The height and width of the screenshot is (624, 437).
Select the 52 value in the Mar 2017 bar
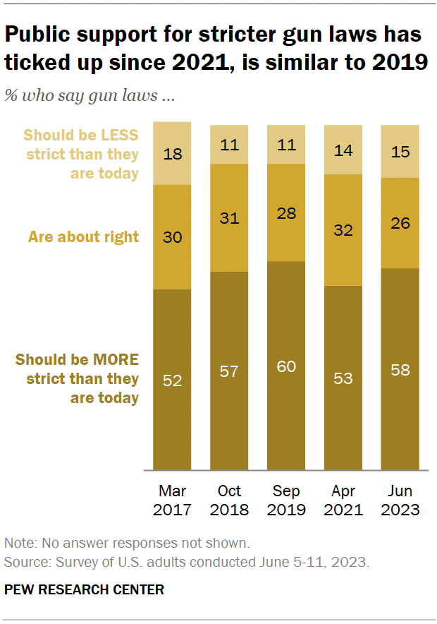point(173,380)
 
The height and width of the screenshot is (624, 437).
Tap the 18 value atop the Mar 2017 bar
point(173,154)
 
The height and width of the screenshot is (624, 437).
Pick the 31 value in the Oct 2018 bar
point(230,218)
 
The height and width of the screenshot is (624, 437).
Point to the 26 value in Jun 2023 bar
point(400,223)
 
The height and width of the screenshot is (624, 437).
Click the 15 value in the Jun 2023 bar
point(400,152)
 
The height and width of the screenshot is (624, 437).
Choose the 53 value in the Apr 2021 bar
point(343,378)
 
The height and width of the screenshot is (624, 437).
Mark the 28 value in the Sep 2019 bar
point(286,213)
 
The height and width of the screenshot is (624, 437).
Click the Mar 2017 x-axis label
point(173,500)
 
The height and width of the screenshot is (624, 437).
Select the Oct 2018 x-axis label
point(230,500)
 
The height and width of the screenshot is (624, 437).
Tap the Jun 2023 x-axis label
point(400,500)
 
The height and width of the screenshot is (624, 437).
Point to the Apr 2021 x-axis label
point(343,500)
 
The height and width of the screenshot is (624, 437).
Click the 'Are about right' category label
point(83,237)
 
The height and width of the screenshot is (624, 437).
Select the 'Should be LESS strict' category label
point(82,154)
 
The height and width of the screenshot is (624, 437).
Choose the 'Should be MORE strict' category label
point(78,378)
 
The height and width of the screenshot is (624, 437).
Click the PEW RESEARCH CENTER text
point(84,589)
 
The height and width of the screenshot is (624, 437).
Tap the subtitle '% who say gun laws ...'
point(90,97)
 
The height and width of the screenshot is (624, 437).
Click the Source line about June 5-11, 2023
point(186,563)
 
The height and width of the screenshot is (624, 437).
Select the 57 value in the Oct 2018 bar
point(230,371)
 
